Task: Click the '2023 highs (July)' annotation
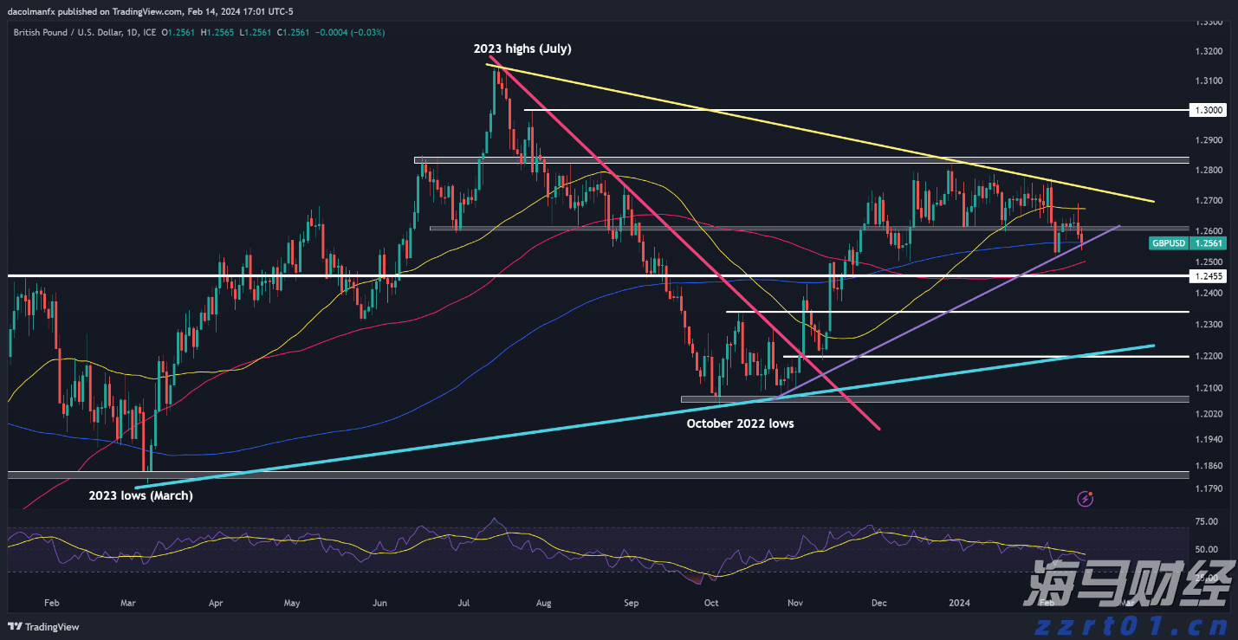522,48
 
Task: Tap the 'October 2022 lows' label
740,423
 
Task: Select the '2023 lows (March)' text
140,495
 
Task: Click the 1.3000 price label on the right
1207,111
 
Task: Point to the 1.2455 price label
1207,276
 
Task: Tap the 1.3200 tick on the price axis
1207,52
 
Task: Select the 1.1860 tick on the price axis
1207,466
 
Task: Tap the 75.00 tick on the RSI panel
1206,521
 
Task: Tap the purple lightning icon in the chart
1085,498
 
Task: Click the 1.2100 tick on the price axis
1207,387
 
